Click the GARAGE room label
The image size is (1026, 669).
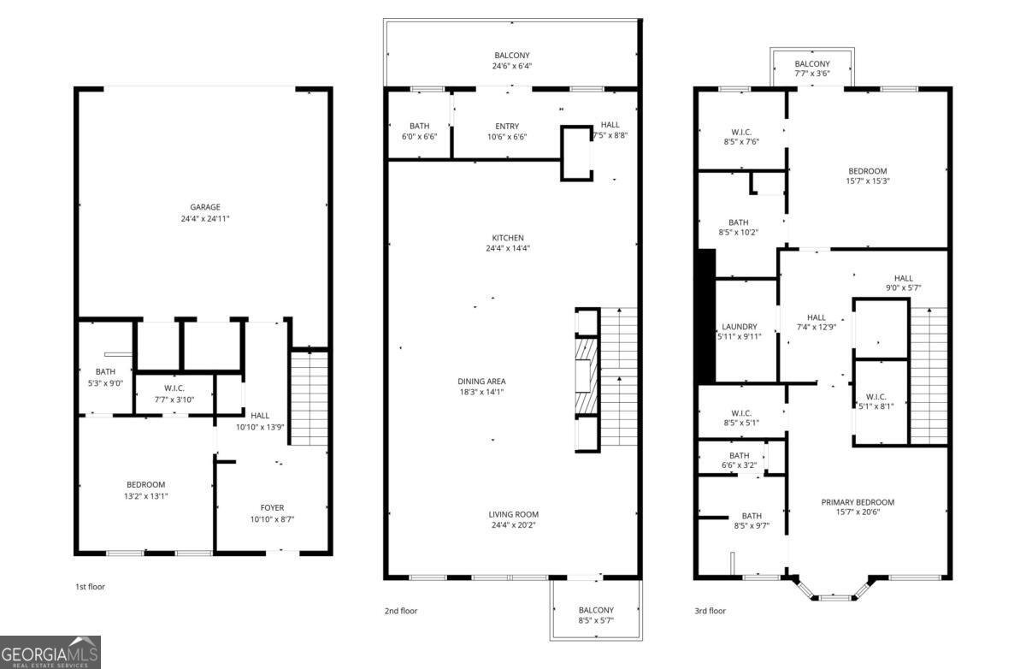(x=204, y=207)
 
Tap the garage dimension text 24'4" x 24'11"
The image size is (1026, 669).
(x=204, y=218)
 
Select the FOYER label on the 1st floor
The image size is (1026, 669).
(x=272, y=507)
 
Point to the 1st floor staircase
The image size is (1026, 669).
(x=310, y=398)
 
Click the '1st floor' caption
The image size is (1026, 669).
(x=91, y=587)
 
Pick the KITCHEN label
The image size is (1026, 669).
(x=508, y=238)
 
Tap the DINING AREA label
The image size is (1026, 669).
(x=481, y=382)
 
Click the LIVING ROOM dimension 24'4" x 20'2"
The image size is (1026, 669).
(x=513, y=525)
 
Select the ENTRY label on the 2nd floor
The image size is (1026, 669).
(x=507, y=126)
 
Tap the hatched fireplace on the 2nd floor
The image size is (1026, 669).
(x=587, y=376)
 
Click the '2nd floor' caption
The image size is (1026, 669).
(x=401, y=611)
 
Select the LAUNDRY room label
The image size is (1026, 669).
(x=740, y=327)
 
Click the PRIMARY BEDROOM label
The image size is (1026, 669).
(x=858, y=502)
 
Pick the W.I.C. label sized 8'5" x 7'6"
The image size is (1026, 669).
(x=741, y=137)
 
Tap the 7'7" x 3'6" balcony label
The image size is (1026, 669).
(x=811, y=68)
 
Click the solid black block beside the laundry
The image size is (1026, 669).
(x=706, y=317)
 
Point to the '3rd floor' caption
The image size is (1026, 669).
(x=710, y=611)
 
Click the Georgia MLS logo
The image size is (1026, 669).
(x=50, y=652)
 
